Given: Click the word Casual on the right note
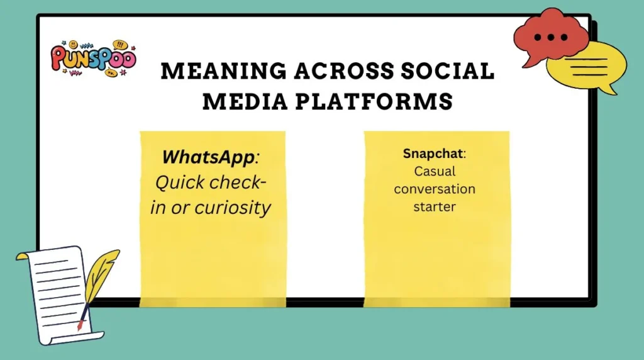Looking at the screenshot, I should coord(435,171).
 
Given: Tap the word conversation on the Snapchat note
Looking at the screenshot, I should coord(435,189).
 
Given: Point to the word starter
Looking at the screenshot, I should coord(435,206).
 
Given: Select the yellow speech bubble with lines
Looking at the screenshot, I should coord(588,66).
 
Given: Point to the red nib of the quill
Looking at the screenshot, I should coord(80,325).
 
